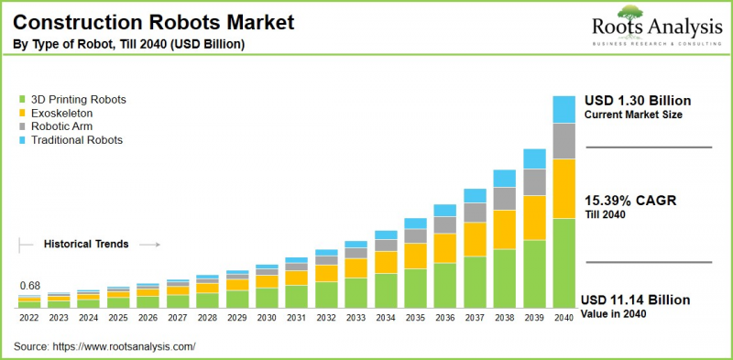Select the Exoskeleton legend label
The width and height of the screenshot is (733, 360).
click(62, 113)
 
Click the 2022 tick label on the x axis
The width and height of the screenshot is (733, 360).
click(29, 318)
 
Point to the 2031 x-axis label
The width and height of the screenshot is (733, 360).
click(296, 318)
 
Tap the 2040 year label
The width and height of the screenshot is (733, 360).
click(563, 318)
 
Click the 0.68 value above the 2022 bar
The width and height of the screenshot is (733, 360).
click(29, 286)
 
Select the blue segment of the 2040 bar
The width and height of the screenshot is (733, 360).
click(563, 108)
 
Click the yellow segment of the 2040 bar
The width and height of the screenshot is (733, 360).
click(563, 189)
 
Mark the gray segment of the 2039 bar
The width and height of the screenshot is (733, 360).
click(533, 181)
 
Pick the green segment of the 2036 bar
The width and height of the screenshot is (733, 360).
click(444, 285)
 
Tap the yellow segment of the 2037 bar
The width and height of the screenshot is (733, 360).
click(475, 238)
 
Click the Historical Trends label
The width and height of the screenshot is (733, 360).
click(86, 245)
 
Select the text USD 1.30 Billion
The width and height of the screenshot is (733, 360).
click(637, 100)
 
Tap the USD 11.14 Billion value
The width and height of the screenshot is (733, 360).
click(637, 300)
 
